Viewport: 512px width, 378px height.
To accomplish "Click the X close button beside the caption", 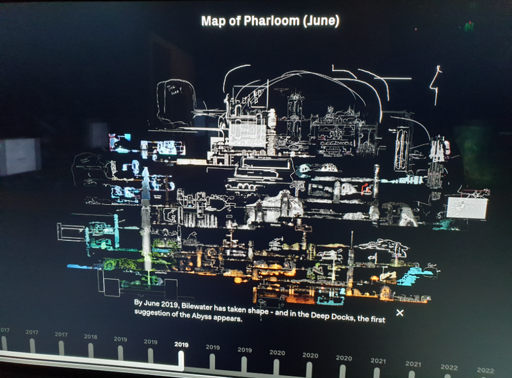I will pos(400,312).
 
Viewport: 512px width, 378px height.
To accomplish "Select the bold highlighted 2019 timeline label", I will pos(181,343).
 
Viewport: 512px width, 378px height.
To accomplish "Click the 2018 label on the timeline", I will pos(90,336).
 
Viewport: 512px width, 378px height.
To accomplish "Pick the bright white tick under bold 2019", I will pos(181,360).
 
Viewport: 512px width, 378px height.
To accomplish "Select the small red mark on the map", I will pos(367,187).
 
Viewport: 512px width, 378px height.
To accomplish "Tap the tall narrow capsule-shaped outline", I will pos(401,148).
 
